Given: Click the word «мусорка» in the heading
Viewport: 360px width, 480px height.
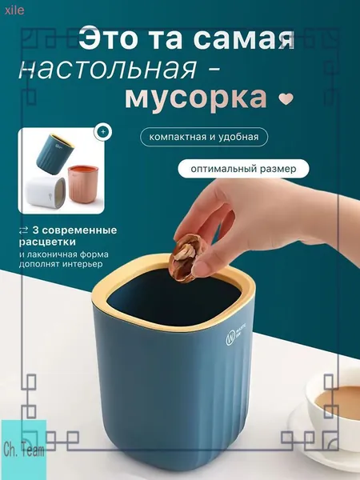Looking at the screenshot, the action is [196, 99].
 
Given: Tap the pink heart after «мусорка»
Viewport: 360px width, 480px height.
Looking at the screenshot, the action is [286, 98].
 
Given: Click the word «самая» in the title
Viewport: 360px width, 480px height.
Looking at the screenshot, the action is [244, 39].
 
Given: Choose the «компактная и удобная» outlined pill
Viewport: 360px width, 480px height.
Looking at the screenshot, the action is [204, 137].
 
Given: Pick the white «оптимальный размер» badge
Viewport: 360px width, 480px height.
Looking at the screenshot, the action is [243, 169].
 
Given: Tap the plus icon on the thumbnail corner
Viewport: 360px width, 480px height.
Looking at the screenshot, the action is [103, 132].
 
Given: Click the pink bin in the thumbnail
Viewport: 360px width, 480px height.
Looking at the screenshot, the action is [83, 184].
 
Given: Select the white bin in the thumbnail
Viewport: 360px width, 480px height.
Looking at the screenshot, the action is [46, 192].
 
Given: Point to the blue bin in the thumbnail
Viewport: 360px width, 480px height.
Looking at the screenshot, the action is [55, 154].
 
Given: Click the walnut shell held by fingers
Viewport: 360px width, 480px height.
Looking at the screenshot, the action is [184, 258].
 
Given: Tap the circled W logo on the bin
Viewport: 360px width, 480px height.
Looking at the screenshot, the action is [230, 339].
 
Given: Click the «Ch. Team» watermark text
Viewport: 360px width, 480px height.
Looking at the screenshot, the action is [23, 450].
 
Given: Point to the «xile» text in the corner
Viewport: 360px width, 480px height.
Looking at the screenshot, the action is [14, 10].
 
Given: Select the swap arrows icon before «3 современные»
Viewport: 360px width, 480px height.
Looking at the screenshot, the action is [23, 230].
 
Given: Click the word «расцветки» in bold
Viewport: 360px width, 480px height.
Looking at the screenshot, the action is [47, 242].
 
